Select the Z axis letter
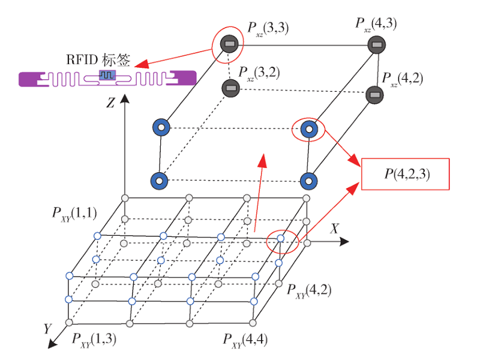click(x=110, y=103)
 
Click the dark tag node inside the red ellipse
click(x=229, y=44)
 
